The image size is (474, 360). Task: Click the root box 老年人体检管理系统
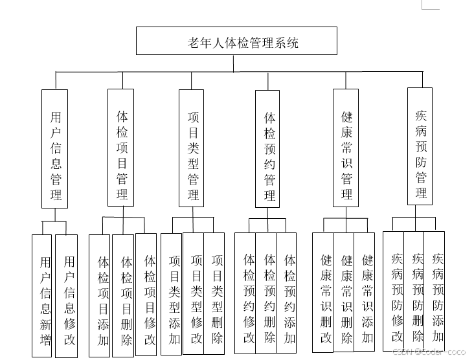tap(236, 41)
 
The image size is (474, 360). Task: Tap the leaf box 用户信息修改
tap(67, 295)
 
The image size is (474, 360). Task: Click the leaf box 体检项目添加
tap(101, 295)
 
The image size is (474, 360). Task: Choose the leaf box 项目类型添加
tap(172, 294)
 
